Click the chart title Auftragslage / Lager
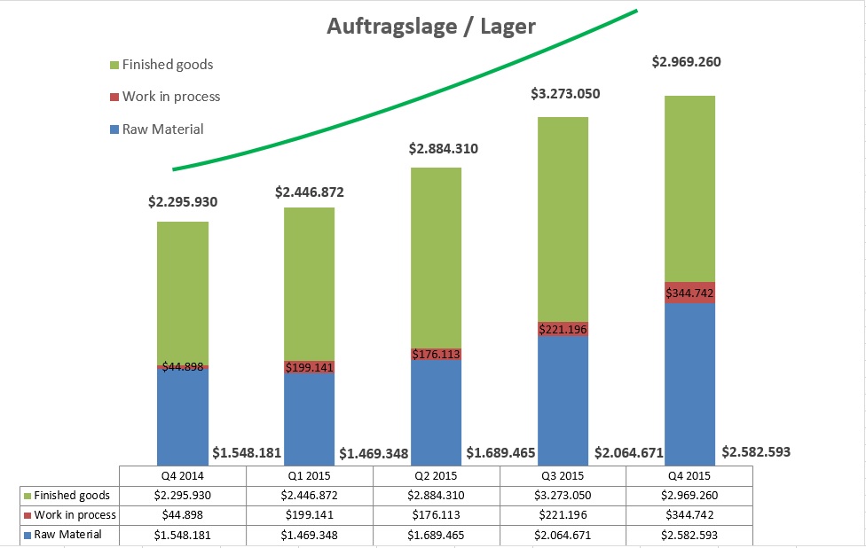[430, 26]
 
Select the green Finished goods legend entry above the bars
[167, 65]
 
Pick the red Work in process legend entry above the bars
[170, 97]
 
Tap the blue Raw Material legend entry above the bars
[162, 129]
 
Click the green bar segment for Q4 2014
[183, 293]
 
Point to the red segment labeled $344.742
[689, 293]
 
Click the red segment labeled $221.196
[563, 329]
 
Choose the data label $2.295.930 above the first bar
[183, 202]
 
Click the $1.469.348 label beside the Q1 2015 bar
[374, 453]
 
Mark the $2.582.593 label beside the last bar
[755, 452]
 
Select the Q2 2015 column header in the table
[437, 475]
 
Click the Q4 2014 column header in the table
[183, 475]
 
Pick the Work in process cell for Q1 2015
[310, 515]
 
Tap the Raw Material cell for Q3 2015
[563, 535]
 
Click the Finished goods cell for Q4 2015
[689, 496]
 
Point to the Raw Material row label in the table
[67, 535]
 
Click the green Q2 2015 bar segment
[436, 257]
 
